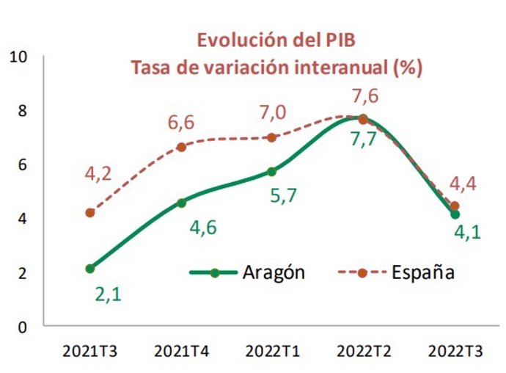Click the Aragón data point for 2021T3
pyautogui.click(x=90, y=269)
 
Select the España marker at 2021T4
pyautogui.click(x=181, y=147)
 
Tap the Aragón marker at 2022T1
pyautogui.click(x=272, y=171)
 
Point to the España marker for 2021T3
pyautogui.click(x=90, y=213)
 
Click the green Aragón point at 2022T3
pyautogui.click(x=455, y=214)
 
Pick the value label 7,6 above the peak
pyautogui.click(x=364, y=96)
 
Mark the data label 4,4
pyautogui.click(x=462, y=183)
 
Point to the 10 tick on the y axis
pyautogui.click(x=20, y=57)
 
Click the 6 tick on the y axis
pyautogui.click(x=23, y=164)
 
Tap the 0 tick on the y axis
pyautogui.click(x=23, y=327)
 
